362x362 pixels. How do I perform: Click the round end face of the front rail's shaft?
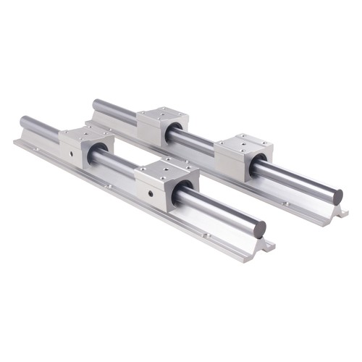click(260, 230)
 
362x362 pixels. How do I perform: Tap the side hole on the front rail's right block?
click(150, 193)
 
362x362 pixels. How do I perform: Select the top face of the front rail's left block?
click(85, 135)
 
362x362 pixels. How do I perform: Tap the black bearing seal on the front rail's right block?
click(183, 190)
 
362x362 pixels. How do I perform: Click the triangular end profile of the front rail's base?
click(258, 243)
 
